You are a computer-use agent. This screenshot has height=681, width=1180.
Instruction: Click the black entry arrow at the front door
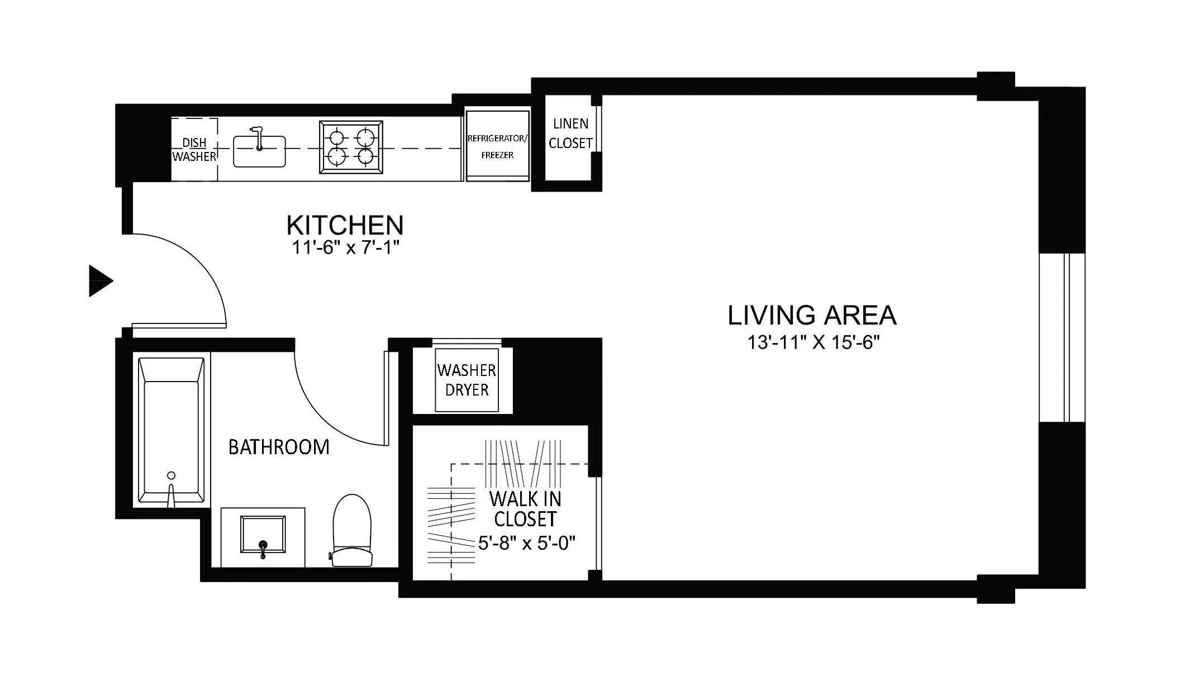pyautogui.click(x=100, y=280)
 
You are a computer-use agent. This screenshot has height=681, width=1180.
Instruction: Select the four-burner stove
pyautogui.click(x=351, y=147)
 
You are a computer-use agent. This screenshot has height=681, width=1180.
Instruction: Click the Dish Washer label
pyautogui.click(x=194, y=150)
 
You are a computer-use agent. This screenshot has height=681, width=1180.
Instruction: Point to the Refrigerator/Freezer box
pyautogui.click(x=497, y=146)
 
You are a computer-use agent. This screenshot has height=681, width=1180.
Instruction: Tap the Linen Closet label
pyautogui.click(x=570, y=133)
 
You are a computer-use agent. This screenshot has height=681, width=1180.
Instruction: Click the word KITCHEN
pyautogui.click(x=345, y=225)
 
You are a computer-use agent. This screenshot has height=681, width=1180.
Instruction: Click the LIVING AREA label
pyautogui.click(x=811, y=315)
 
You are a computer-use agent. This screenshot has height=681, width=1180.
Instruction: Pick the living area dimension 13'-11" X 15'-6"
pyautogui.click(x=813, y=342)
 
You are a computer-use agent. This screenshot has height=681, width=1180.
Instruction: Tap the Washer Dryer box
pyautogui.click(x=467, y=380)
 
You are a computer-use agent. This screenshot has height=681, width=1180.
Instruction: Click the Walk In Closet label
pyautogui.click(x=525, y=508)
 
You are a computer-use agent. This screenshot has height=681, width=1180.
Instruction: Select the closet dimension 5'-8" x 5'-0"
pyautogui.click(x=526, y=542)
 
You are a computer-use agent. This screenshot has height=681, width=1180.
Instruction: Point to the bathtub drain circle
pyautogui.click(x=172, y=475)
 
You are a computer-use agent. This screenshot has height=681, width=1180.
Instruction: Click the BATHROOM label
pyautogui.click(x=279, y=447)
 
